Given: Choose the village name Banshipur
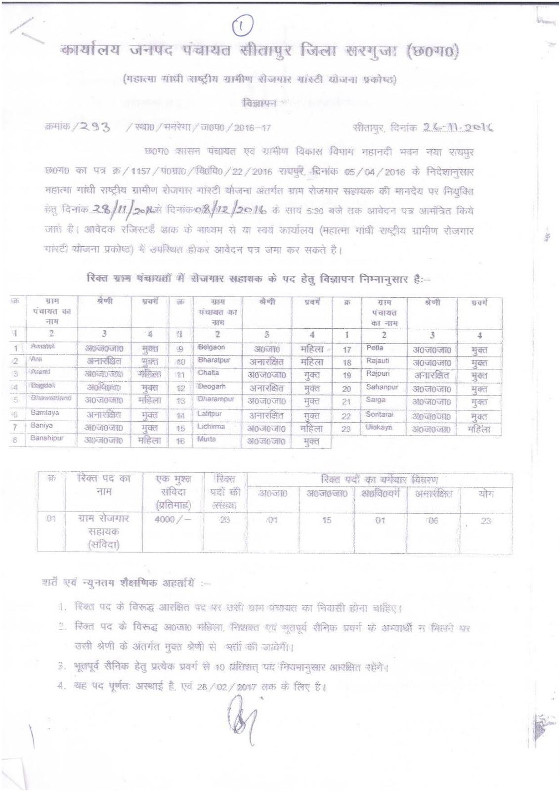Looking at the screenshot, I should (47, 438).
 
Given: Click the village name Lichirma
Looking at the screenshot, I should (211, 426).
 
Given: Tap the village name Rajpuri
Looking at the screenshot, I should (378, 374).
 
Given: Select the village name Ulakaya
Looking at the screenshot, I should (379, 427).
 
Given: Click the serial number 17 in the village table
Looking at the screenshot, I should (346, 350).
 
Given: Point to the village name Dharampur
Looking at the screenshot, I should (215, 398).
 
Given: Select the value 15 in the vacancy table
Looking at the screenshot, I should (326, 520).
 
